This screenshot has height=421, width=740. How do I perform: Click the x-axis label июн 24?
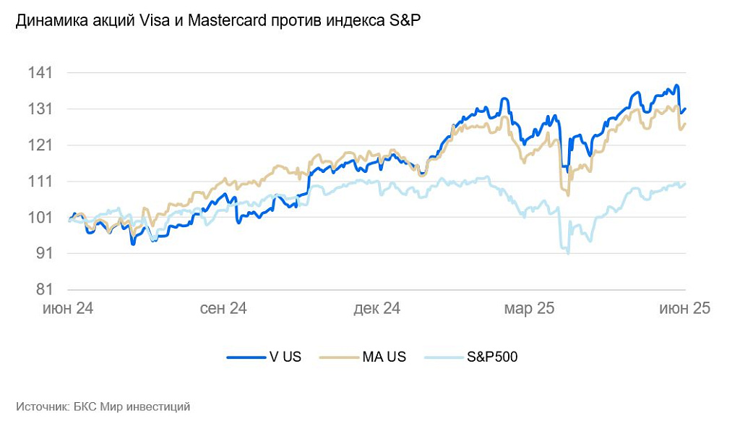point(68,309)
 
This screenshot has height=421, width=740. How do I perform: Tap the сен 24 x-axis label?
point(223,309)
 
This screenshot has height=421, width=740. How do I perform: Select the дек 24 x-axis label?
point(377,309)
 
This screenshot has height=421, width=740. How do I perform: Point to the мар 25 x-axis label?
point(528,309)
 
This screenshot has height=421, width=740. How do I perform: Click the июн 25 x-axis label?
point(684,309)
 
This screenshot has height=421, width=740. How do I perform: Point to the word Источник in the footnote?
point(42,407)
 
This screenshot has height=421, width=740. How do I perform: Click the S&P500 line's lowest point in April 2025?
point(568,253)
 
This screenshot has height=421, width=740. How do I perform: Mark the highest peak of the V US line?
point(677,85)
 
